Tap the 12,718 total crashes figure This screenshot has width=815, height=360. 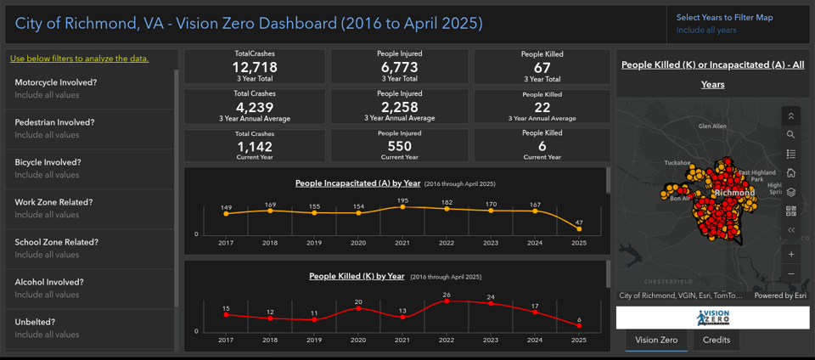(255, 67)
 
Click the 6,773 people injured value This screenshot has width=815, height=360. (399, 67)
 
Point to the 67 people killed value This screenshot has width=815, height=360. (542, 67)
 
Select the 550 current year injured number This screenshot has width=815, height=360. (399, 146)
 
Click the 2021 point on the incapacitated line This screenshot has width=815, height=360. (402, 206)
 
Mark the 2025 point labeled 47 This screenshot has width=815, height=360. (579, 228)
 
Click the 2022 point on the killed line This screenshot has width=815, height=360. (447, 301)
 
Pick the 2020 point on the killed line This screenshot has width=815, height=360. (358, 307)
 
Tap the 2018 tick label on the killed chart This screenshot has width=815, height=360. (270, 340)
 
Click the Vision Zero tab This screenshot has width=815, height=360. (656, 340)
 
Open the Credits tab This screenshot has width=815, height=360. (716, 340)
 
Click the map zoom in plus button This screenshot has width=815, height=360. (791, 254)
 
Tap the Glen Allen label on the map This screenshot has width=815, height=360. (711, 126)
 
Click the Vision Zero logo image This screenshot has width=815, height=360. (712, 318)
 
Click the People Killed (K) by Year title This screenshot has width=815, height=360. (357, 276)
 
